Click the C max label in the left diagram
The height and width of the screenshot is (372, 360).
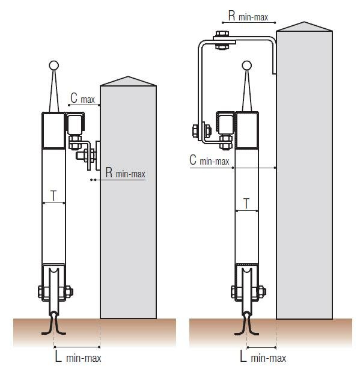pyautogui.click(x=82, y=98)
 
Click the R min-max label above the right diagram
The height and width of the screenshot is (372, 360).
pyautogui.click(x=248, y=16)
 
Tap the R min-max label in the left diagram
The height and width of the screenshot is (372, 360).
pyautogui.click(x=125, y=172)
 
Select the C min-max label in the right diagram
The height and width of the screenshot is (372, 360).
pyautogui.click(x=209, y=160)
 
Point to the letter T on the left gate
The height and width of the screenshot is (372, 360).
pyautogui.click(x=53, y=196)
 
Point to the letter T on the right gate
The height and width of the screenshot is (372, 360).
pyautogui.click(x=247, y=204)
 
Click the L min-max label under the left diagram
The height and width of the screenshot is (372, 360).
pyautogui.click(x=78, y=356)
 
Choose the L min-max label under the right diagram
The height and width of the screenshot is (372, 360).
pyautogui.click(x=263, y=356)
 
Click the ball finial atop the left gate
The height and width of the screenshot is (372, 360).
pyautogui.click(x=54, y=66)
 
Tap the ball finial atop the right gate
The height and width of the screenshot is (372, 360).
pyautogui.click(x=247, y=66)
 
